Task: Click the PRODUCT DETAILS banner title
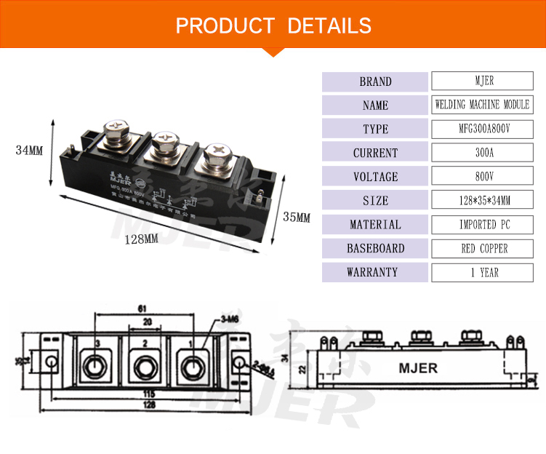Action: (273, 25)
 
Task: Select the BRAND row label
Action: (375, 81)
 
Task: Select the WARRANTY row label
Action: (375, 273)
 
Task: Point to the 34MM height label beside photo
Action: (30, 151)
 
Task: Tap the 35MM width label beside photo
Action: (296, 218)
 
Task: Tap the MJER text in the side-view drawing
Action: (418, 368)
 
